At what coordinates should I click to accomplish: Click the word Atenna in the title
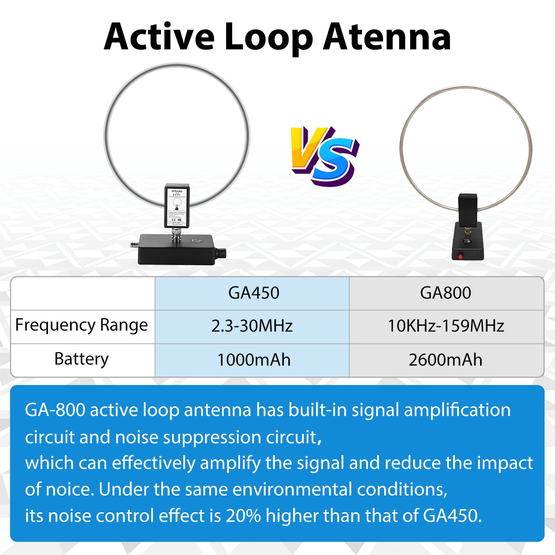(387, 37)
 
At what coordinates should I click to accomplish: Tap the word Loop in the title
(268, 38)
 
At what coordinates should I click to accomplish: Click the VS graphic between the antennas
(325, 156)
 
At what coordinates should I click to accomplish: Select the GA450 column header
(253, 293)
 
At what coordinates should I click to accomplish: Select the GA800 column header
(446, 293)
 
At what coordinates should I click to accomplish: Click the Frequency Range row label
(81, 326)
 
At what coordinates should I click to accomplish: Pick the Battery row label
(81, 359)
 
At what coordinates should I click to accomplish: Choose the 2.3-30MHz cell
(252, 326)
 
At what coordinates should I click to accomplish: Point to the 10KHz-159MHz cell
(446, 326)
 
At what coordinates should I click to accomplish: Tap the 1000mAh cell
(253, 360)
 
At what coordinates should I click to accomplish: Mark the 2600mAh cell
(446, 360)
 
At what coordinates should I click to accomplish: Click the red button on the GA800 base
(460, 256)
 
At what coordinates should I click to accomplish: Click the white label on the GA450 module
(177, 206)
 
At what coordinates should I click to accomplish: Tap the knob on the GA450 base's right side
(222, 254)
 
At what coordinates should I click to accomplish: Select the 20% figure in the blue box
(243, 515)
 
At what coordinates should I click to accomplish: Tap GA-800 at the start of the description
(55, 410)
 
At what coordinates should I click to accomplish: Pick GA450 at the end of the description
(452, 515)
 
